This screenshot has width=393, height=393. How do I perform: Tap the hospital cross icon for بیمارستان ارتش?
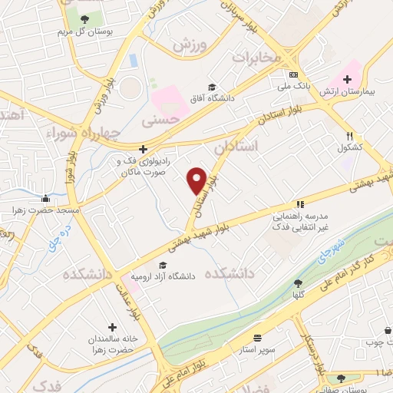click(348, 78)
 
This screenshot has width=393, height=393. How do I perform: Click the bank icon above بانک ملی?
click(293, 74)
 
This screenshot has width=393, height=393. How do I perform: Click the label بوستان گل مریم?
click(79, 33)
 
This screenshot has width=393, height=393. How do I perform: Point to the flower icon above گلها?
click(297, 282)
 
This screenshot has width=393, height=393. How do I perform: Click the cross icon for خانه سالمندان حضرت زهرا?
click(114, 327)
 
